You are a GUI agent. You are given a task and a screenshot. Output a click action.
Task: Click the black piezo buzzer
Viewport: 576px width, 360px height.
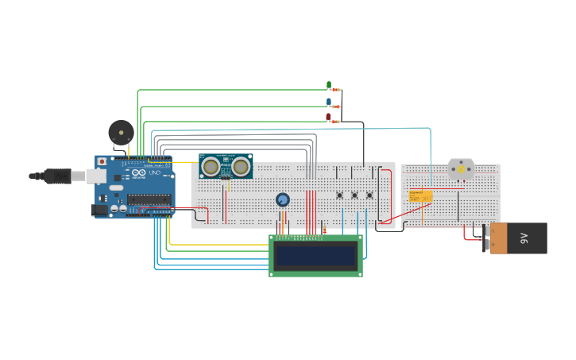pyautogui.click(x=121, y=132)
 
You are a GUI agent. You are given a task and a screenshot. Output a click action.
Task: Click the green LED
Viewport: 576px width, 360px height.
pyautogui.click(x=328, y=85)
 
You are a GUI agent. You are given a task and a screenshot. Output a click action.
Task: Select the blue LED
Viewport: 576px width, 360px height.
pyautogui.click(x=328, y=102)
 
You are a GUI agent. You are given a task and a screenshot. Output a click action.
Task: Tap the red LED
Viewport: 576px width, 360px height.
pyautogui.click(x=328, y=118)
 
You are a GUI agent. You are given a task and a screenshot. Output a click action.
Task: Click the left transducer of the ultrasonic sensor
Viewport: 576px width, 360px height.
pyautogui.click(x=211, y=166)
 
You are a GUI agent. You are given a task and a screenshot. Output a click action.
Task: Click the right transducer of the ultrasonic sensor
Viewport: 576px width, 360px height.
pyautogui.click(x=241, y=167)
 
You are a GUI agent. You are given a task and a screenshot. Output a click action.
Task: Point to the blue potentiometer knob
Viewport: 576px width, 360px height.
pyautogui.click(x=282, y=199)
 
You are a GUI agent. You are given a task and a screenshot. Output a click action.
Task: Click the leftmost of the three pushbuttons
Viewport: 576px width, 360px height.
pyautogui.click(x=339, y=195)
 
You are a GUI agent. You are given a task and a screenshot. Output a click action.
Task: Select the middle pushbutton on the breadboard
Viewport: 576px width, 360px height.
pyautogui.click(x=354, y=195)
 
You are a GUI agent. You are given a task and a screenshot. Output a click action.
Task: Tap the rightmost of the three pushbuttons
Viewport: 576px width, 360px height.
pyautogui.click(x=369, y=195)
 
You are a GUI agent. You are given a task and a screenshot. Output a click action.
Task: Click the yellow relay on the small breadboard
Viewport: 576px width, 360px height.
pyautogui.click(x=420, y=196)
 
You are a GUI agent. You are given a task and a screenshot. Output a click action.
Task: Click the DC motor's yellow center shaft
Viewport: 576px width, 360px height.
pyautogui.click(x=461, y=169)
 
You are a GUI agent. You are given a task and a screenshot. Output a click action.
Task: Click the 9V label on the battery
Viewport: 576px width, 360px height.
pyautogui.click(x=524, y=238)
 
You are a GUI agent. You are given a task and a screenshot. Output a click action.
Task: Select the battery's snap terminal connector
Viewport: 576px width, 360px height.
pyautogui.click(x=487, y=238)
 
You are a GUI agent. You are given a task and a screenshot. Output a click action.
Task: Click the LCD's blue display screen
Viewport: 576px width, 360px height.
pyautogui.click(x=315, y=254)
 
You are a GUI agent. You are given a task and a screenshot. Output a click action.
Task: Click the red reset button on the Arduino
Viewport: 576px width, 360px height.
pyautogui.click(x=102, y=161)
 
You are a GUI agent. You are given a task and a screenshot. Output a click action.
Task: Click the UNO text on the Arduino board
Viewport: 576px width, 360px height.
pyautogui.click(x=156, y=172)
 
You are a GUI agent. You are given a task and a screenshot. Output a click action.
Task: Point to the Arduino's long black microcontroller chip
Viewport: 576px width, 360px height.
pyautogui.click(x=149, y=199)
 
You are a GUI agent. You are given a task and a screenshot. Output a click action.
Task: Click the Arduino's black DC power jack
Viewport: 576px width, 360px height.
pyautogui.click(x=99, y=211)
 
